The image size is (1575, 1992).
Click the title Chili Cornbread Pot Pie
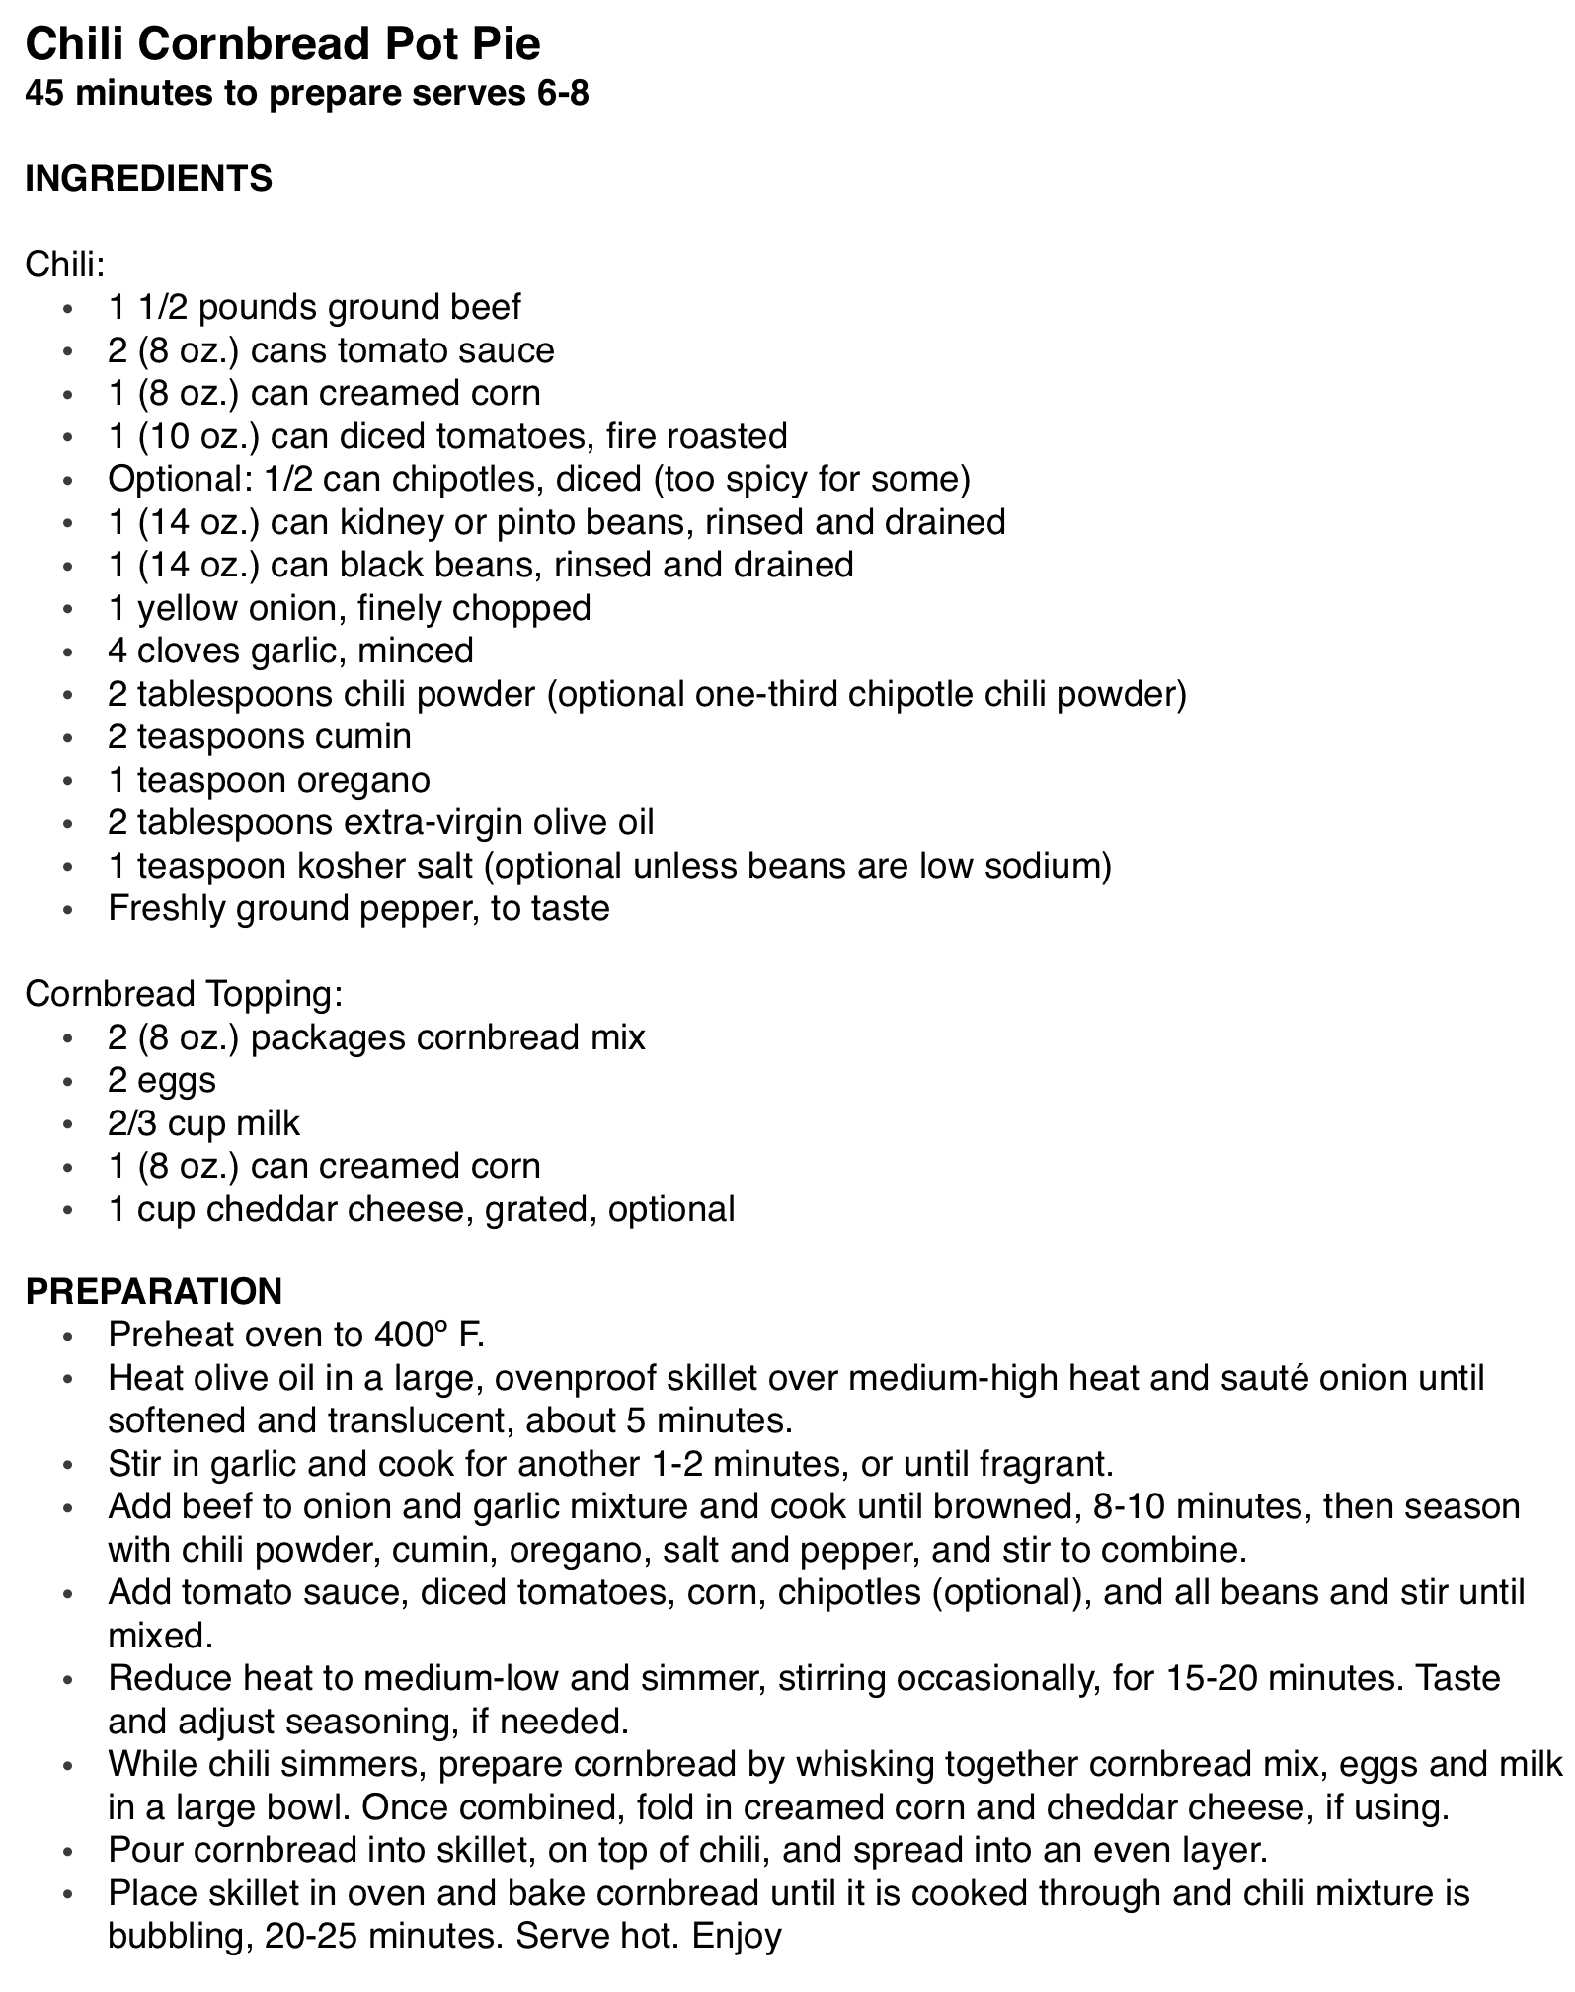click(x=282, y=43)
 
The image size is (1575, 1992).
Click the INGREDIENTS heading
click(x=148, y=179)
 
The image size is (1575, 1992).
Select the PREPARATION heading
click(x=153, y=1291)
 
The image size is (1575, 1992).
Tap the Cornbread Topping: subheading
click(x=184, y=994)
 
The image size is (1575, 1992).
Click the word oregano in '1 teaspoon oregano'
click(x=369, y=780)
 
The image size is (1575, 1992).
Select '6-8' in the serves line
click(x=561, y=94)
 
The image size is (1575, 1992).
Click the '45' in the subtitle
click(x=45, y=94)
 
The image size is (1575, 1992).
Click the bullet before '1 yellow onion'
click(x=66, y=609)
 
